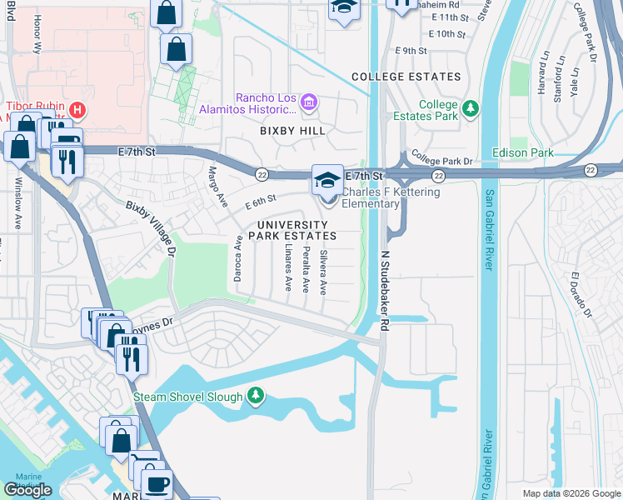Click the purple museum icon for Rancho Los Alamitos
[x=308, y=102]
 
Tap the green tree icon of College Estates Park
[x=471, y=107]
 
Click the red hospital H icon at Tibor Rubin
[x=77, y=109]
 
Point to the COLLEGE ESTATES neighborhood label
[x=406, y=77]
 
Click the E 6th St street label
[x=260, y=202]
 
